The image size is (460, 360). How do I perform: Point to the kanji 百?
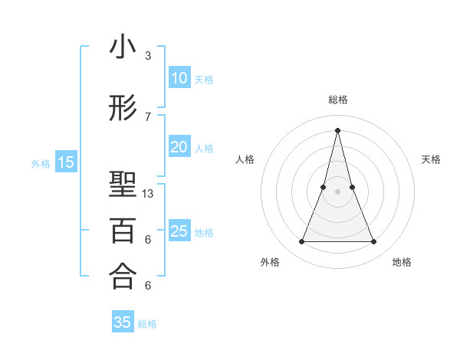(123, 230)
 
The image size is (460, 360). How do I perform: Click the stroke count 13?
(148, 194)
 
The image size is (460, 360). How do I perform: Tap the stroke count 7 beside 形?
(148, 116)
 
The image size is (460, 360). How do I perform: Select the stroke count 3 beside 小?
(148, 56)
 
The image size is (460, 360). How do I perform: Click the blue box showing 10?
(179, 77)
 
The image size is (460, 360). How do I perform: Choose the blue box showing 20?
(179, 147)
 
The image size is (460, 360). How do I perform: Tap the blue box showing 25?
(179, 231)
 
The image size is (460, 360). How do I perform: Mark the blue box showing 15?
(66, 162)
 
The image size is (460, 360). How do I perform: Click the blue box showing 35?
(123, 322)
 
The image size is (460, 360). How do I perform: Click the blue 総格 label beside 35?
(147, 324)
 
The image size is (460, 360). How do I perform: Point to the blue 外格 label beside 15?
(41, 163)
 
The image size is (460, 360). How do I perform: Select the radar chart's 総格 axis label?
(338, 100)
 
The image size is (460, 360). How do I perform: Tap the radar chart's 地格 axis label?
(402, 262)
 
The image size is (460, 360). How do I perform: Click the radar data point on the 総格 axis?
(338, 129)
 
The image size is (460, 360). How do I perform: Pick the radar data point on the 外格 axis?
(301, 242)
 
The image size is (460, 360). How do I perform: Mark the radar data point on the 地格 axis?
(374, 242)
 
